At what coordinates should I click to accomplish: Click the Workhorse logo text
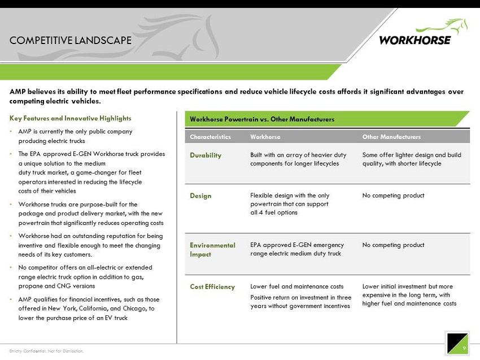[x=415, y=40]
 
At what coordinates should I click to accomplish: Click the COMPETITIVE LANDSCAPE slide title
[x=71, y=40]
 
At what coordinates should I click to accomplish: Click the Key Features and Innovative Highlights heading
[x=71, y=118]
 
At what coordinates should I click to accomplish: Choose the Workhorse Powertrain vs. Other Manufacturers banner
[x=262, y=119]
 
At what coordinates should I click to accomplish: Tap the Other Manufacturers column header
[x=391, y=137]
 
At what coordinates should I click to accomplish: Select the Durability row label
[x=206, y=155]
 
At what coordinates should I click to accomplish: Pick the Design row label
[x=200, y=196]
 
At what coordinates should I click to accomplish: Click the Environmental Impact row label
[x=212, y=250]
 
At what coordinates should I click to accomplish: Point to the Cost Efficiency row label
[x=212, y=287]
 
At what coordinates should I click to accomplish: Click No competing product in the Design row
[x=393, y=196]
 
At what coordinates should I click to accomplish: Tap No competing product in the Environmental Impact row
[x=393, y=245]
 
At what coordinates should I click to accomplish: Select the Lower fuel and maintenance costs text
[x=296, y=287]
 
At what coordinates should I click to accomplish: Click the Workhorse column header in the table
[x=265, y=137]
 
